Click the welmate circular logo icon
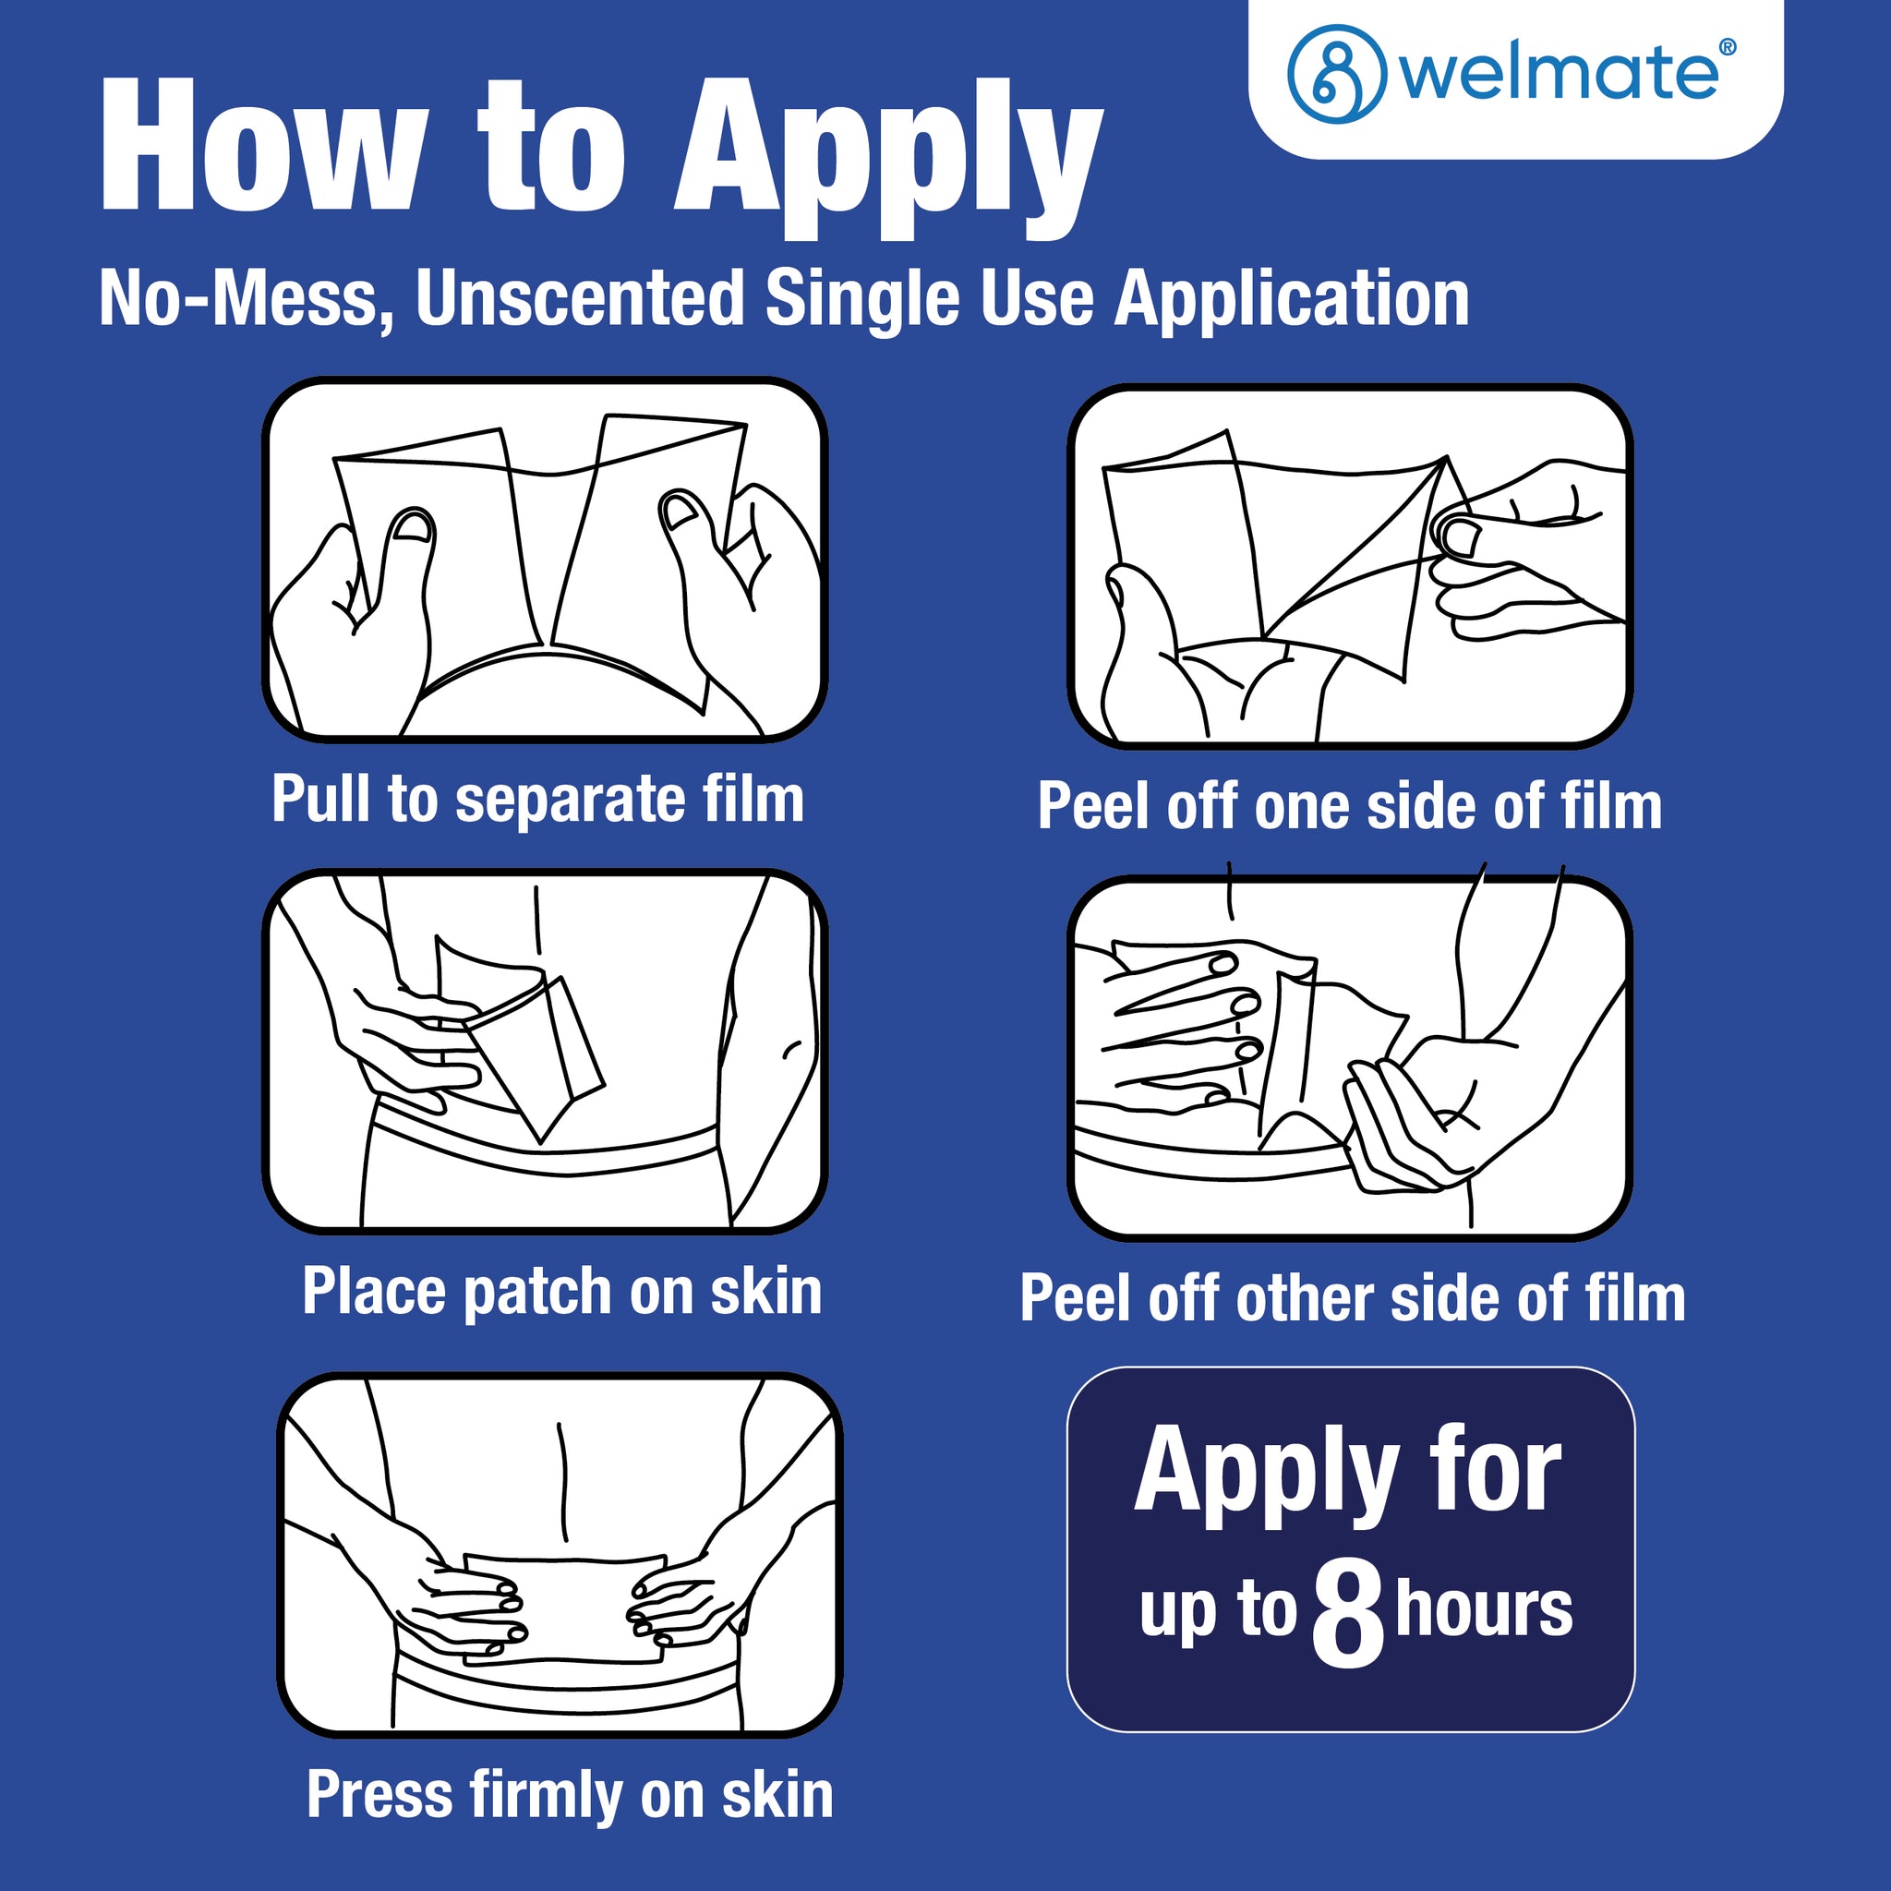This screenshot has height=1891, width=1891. (1337, 75)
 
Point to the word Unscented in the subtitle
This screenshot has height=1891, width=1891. (580, 297)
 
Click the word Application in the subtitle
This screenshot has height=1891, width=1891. (1292, 299)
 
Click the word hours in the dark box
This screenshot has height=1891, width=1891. (1484, 1609)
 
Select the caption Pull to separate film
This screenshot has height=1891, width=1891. (537, 801)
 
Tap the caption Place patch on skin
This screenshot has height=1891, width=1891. (561, 1291)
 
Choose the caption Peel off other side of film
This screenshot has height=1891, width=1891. (1353, 1298)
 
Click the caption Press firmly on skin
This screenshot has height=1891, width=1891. (570, 1795)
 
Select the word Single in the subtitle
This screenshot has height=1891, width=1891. (862, 299)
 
